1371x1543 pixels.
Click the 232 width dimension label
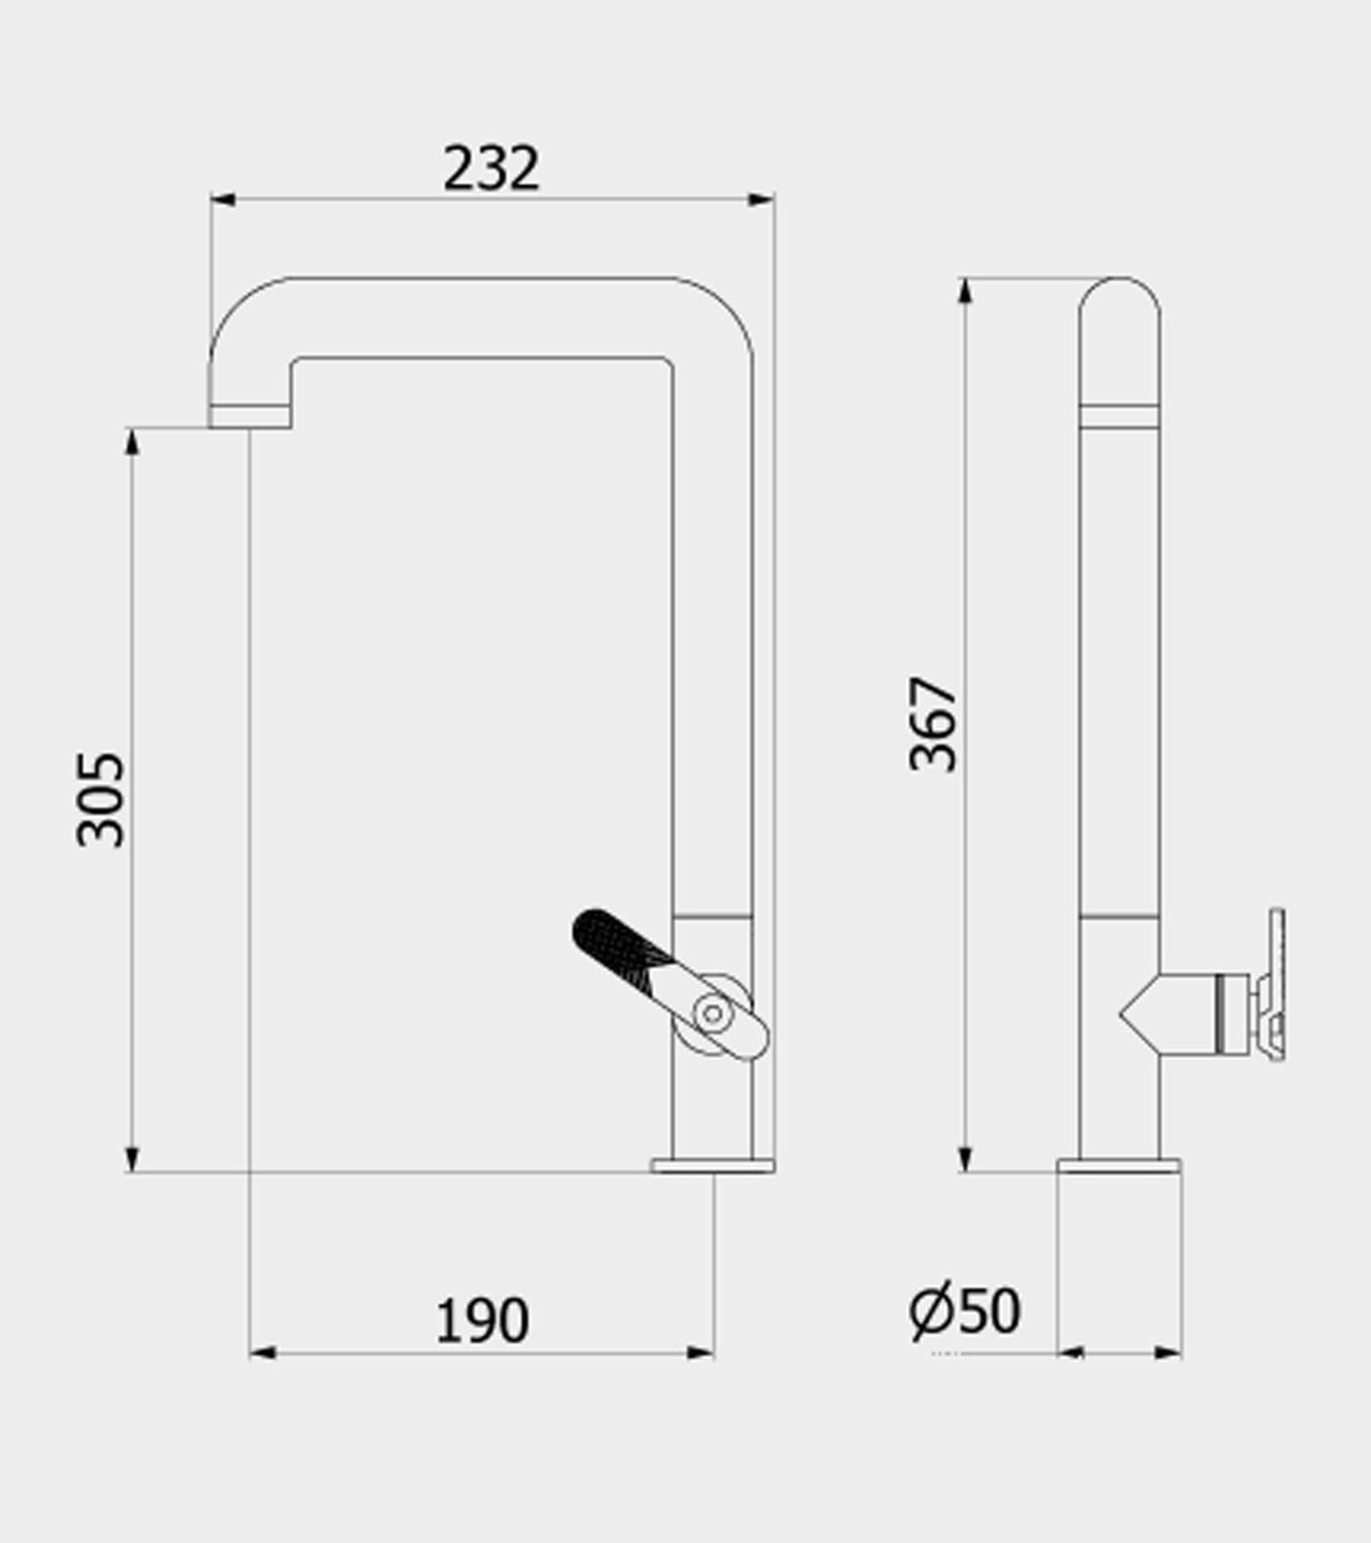click(491, 169)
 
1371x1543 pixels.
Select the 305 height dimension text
click(101, 799)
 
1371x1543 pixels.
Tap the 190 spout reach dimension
click(482, 1320)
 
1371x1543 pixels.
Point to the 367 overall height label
click(934, 724)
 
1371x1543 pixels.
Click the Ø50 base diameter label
click(964, 1311)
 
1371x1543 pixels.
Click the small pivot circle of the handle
click(713, 1013)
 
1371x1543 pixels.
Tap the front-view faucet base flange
click(713, 1165)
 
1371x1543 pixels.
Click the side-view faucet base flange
click(1119, 1165)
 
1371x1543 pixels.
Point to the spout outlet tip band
click(250, 417)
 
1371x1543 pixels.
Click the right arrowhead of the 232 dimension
click(762, 199)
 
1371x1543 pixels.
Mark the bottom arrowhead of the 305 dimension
click(132, 1160)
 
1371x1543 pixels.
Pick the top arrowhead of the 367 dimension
click(965, 290)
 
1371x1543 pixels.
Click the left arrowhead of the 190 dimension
click(263, 1352)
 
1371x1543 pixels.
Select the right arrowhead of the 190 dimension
click(700, 1352)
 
